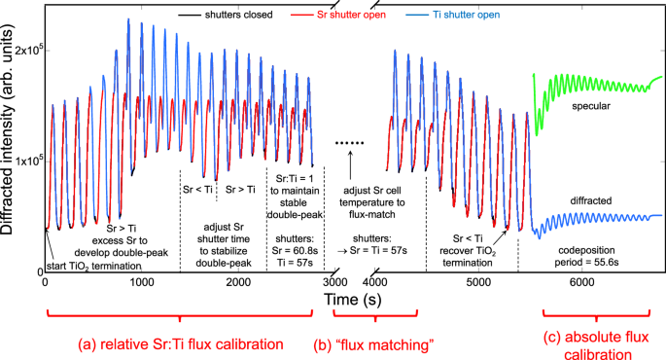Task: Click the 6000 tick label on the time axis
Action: [582, 281]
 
